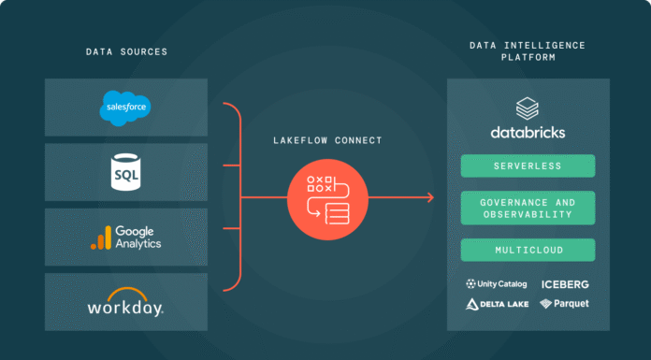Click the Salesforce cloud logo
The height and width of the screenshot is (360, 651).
tap(124, 108)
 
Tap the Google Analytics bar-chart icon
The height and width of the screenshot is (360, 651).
tap(100, 239)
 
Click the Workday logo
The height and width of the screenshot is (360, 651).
tap(125, 305)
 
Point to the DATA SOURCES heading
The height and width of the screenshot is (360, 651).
tap(125, 51)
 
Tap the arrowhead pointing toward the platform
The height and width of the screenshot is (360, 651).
tap(429, 197)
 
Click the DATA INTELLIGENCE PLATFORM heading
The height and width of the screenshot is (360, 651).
tap(528, 50)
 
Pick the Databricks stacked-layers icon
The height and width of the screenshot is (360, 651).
tap(528, 108)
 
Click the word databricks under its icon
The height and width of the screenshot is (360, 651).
tap(528, 133)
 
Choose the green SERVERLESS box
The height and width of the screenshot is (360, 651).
tap(528, 166)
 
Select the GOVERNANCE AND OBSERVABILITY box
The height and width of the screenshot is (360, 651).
tap(528, 208)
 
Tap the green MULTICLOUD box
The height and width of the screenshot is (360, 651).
tap(528, 250)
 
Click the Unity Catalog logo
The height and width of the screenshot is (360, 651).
tap(496, 284)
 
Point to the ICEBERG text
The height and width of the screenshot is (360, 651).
tap(565, 284)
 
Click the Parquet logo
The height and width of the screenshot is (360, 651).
tap(564, 304)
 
